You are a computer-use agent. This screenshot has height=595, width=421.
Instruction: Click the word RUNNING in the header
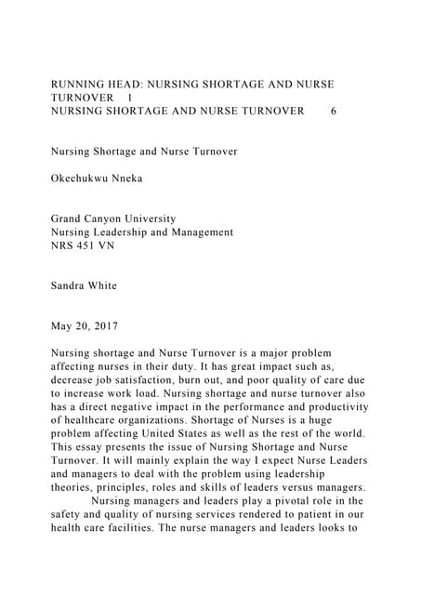(x=78, y=84)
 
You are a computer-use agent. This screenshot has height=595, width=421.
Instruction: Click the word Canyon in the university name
(x=115, y=218)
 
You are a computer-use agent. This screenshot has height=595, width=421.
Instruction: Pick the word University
(x=172, y=218)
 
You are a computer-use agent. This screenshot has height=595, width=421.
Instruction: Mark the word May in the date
(x=61, y=327)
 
